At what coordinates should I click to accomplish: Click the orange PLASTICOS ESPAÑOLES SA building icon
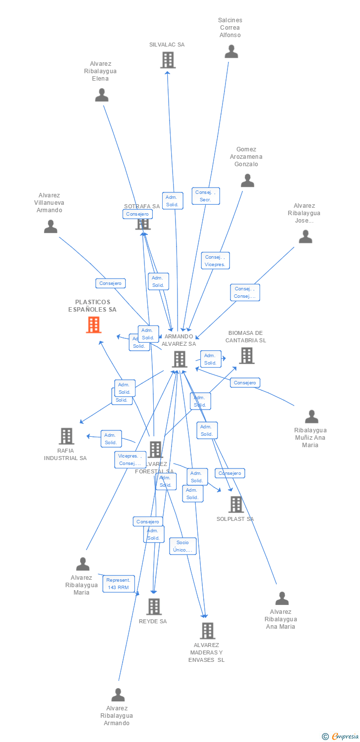pyautogui.click(x=93, y=325)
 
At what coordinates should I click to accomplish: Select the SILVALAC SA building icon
pyautogui.click(x=168, y=60)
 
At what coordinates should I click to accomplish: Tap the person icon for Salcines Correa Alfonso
pyautogui.click(x=231, y=51)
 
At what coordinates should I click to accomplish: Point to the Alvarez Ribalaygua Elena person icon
pyautogui.click(x=101, y=95)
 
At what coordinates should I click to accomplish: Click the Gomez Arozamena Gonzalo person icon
pyautogui.click(x=247, y=181)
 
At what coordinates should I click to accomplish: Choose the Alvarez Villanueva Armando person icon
pyautogui.click(x=50, y=227)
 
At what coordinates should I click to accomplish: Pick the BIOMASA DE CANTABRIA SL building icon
pyautogui.click(x=246, y=355)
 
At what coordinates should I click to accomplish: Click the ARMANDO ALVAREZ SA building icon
pyautogui.click(x=180, y=359)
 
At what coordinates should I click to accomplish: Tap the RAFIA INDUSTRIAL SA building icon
pyautogui.click(x=66, y=436)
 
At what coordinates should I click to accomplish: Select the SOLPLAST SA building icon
pyautogui.click(x=236, y=504)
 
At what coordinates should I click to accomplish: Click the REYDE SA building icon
pyautogui.click(x=154, y=606)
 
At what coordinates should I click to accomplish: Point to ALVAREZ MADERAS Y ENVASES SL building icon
pyautogui.click(x=207, y=631)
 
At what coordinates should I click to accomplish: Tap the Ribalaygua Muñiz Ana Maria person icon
pyautogui.click(x=312, y=417)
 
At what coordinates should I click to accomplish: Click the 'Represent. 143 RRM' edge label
pyautogui.click(x=119, y=584)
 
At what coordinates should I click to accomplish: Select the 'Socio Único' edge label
pyautogui.click(x=182, y=546)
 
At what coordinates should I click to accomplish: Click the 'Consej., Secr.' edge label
pyautogui.click(x=205, y=196)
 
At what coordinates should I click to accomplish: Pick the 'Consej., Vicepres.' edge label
pyautogui.click(x=215, y=261)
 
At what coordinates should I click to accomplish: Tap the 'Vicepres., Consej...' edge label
pyautogui.click(x=130, y=460)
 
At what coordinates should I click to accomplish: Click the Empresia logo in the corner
pyautogui.click(x=341, y=737)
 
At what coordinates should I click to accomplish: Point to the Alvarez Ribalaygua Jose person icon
pyautogui.click(x=306, y=237)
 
